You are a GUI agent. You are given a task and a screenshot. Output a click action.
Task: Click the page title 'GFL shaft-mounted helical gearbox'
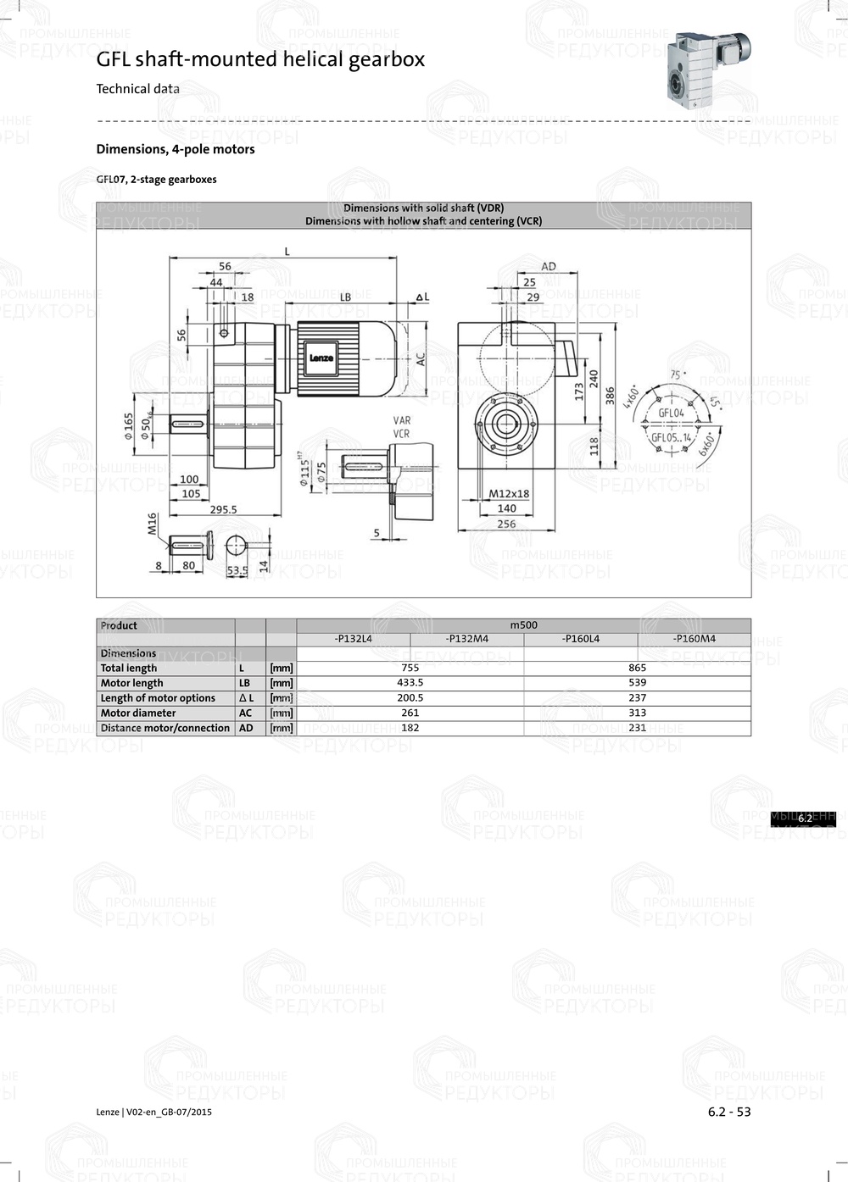260,59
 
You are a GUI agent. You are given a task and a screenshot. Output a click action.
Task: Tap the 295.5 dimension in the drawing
223,509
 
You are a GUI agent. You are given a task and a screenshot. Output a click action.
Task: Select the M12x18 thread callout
509,493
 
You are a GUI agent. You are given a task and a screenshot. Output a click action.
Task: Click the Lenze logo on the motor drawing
321,358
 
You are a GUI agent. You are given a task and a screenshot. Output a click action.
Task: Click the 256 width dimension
506,524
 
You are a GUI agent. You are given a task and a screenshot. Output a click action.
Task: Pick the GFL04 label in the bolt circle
671,413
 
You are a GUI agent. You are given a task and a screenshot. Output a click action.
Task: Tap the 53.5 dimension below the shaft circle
237,570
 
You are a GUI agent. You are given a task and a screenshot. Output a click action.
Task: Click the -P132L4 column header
353,639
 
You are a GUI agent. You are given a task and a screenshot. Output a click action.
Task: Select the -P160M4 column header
694,639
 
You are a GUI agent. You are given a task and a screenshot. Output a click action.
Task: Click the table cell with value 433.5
410,683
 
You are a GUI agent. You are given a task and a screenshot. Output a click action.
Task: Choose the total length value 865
637,668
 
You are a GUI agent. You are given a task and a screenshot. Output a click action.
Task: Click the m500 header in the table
523,625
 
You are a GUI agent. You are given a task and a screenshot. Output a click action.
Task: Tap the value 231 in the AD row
637,728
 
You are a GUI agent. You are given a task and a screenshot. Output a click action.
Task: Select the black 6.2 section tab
804,819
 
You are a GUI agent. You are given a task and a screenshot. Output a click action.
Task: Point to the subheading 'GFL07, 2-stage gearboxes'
156,180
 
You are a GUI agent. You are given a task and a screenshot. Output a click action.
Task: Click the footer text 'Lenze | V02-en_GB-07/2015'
153,1113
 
